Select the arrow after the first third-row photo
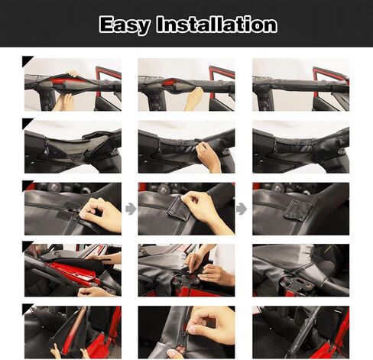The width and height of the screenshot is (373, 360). [x=130, y=208]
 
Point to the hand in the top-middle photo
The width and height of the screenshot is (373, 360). [x=194, y=98]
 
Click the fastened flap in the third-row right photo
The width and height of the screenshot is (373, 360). [x=298, y=209]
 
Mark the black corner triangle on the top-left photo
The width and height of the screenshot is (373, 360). [x=28, y=61]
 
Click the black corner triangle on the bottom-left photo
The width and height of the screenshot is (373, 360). [x=28, y=308]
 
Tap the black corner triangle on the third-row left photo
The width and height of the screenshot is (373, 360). [x=28, y=185]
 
